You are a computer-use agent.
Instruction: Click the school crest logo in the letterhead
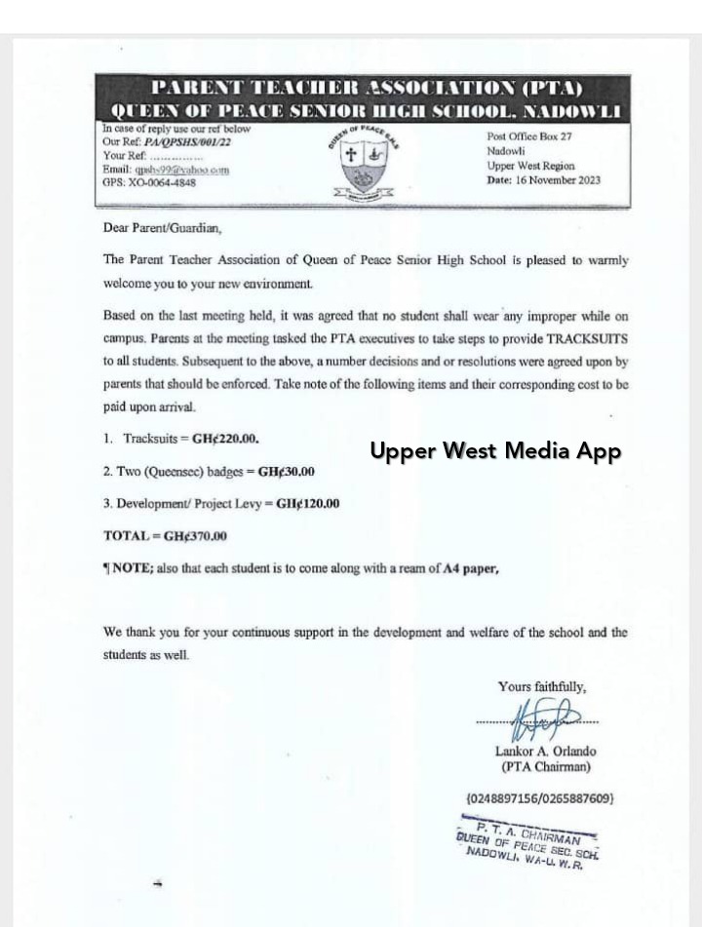(x=363, y=167)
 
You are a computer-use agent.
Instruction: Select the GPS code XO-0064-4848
(x=169, y=181)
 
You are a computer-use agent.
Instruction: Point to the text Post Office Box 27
(x=529, y=138)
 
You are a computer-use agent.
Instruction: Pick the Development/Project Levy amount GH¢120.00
(x=307, y=504)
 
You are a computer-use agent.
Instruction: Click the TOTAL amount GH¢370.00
(x=195, y=536)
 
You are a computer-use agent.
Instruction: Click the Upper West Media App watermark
(x=494, y=451)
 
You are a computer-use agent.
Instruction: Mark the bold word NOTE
(x=133, y=569)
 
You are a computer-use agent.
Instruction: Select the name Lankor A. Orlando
(x=545, y=752)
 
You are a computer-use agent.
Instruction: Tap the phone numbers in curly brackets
(x=540, y=798)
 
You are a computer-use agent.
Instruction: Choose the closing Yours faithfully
(x=542, y=686)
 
